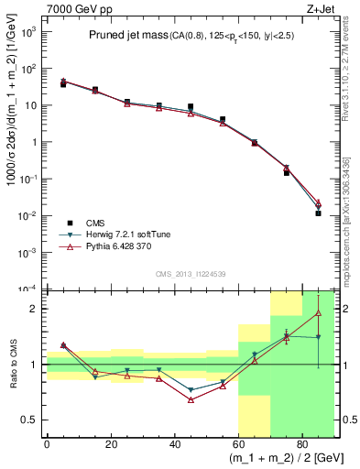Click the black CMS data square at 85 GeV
click(x=318, y=213)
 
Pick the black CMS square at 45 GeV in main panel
click(x=191, y=107)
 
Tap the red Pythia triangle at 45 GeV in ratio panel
click(x=191, y=400)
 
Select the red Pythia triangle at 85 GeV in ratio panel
click(x=318, y=313)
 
